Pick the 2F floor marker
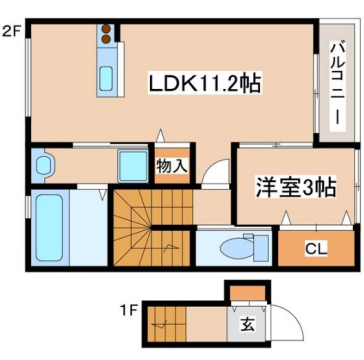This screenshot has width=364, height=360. pyautogui.click(x=11, y=30)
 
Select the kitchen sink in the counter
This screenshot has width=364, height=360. pyautogui.click(x=105, y=78)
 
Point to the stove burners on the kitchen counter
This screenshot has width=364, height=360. pyautogui.click(x=105, y=38)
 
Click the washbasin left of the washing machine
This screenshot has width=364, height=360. pyautogui.click(x=43, y=164)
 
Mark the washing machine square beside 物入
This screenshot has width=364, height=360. pyautogui.click(x=131, y=163)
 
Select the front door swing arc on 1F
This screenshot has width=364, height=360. pyautogui.click(x=285, y=320)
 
